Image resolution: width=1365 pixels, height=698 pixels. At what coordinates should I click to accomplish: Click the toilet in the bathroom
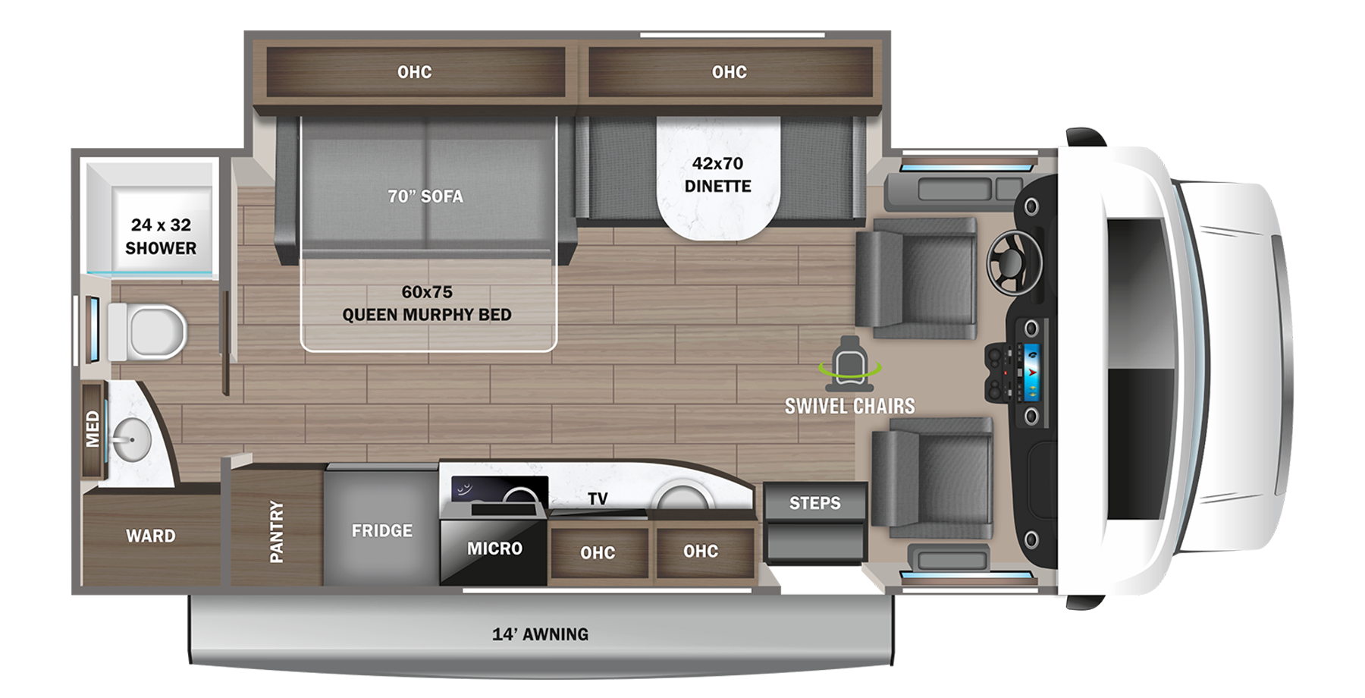[152, 332]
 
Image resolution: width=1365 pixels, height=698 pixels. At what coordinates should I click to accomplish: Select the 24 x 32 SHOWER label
[161, 236]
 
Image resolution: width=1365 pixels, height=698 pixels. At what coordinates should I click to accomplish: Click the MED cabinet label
[93, 429]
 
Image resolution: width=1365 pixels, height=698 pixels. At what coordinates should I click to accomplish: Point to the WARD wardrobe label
[150, 536]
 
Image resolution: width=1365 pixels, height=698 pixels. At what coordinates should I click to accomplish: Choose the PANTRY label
[276, 531]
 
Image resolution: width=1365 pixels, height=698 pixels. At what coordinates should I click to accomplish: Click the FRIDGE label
[381, 530]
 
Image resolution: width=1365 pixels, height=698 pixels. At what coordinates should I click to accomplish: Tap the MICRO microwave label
[494, 548]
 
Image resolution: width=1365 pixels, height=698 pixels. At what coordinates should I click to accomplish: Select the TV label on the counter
[598, 498]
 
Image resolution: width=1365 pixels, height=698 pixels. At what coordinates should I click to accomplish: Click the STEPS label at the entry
[814, 502]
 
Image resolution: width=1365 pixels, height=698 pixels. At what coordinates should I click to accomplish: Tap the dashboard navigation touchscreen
[1031, 372]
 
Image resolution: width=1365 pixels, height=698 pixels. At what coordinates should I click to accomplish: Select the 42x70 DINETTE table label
[717, 174]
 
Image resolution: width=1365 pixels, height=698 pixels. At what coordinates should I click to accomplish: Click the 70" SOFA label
[425, 196]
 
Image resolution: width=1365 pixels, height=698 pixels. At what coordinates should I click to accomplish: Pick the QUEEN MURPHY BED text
[426, 314]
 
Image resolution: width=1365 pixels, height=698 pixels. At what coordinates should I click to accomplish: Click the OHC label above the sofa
[414, 72]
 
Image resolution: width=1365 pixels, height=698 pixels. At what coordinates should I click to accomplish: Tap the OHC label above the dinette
[729, 72]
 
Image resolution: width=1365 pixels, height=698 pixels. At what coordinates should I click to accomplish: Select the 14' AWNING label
[540, 634]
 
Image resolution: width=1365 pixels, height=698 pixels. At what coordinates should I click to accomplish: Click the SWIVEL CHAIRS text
[849, 406]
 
